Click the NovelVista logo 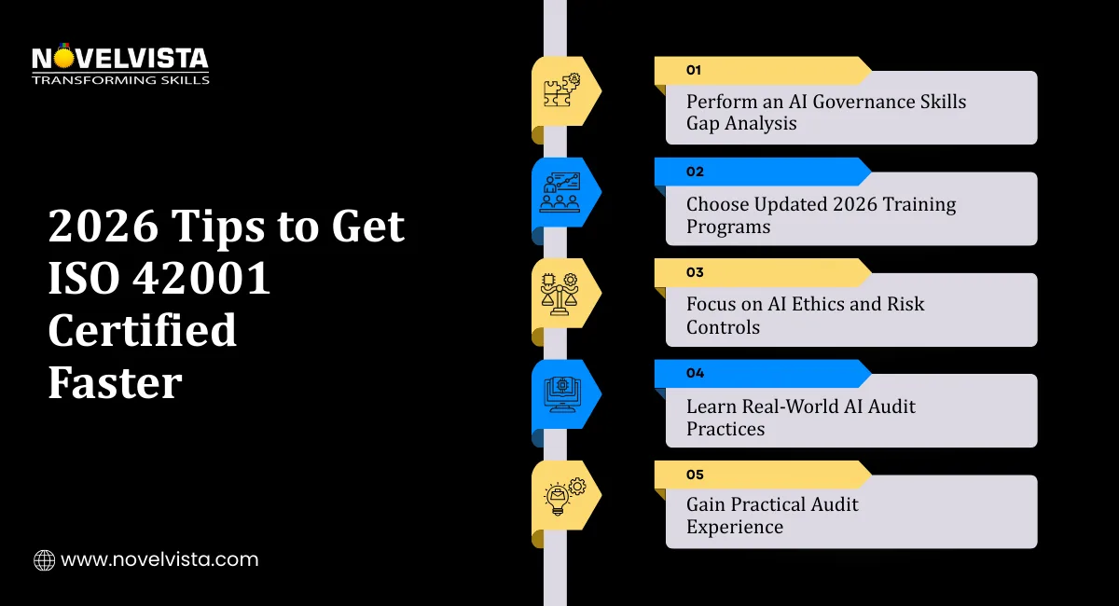[x=120, y=64]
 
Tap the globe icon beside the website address [x=44, y=560]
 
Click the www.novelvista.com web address [x=159, y=560]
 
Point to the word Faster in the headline [x=115, y=383]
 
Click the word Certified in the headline [x=143, y=331]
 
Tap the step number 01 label [x=694, y=70]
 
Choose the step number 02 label [x=694, y=172]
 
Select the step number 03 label [x=694, y=272]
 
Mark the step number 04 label [x=694, y=373]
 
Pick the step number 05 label [x=694, y=475]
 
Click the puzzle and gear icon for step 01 [x=561, y=90]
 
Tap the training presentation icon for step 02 [x=559, y=192]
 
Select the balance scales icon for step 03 [x=560, y=293]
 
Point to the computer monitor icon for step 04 [x=559, y=394]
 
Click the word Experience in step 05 [x=735, y=527]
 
